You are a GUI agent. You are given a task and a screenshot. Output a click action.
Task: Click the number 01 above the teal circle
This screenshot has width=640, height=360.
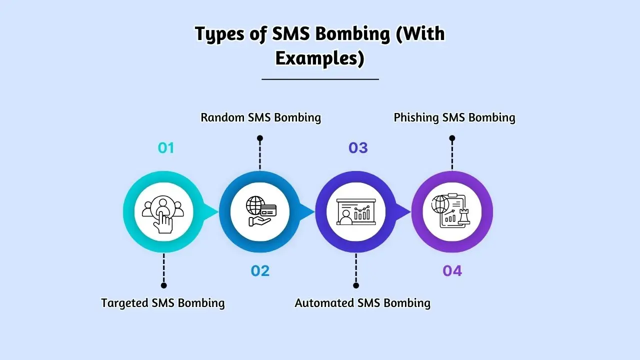[x=165, y=148]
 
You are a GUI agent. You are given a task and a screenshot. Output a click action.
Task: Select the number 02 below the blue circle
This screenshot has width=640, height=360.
[x=260, y=271]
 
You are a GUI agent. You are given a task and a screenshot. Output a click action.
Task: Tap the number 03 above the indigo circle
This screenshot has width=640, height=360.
[x=358, y=148]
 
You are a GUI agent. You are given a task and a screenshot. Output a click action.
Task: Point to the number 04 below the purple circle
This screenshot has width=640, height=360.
[x=452, y=271]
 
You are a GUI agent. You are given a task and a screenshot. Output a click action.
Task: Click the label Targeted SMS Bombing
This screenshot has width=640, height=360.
[x=163, y=303]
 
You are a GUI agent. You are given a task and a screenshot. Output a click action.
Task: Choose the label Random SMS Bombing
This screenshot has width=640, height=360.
[x=260, y=117]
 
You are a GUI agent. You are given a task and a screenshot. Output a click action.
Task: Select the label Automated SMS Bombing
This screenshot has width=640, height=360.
[x=362, y=303]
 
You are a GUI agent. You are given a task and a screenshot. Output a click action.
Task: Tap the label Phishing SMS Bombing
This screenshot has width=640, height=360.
[x=454, y=117]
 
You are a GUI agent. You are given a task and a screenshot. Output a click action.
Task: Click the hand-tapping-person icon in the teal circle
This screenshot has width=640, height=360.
[x=163, y=211]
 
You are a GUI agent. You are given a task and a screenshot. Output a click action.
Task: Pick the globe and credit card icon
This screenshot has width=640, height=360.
[x=259, y=211]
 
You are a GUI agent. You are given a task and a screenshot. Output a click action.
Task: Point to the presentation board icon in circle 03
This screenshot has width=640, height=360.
[x=355, y=211]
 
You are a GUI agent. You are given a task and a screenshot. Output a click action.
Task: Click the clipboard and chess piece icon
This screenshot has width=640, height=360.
[x=451, y=211]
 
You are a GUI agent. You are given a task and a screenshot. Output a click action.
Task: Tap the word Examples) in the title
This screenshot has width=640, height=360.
[x=319, y=58]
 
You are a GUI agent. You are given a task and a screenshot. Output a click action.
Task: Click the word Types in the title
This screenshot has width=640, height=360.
[x=221, y=34]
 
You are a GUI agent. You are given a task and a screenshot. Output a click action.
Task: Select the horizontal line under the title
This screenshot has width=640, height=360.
[x=320, y=79]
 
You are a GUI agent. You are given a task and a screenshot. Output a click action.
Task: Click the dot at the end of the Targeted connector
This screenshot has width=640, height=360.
[x=163, y=285]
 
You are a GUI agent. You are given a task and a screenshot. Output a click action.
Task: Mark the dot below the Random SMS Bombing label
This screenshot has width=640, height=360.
[x=259, y=138]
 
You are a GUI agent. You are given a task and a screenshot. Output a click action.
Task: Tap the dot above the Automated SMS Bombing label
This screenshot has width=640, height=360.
[x=356, y=285]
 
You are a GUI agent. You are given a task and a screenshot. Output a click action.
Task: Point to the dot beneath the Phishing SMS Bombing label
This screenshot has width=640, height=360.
[x=452, y=138]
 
